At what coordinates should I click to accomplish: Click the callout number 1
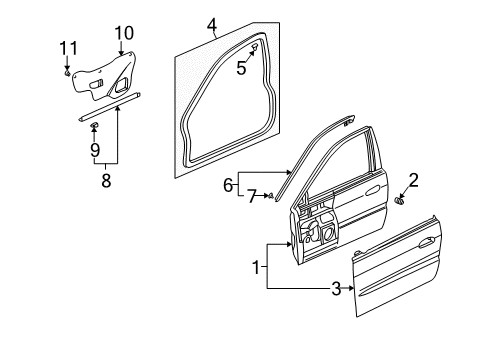pos(256,267)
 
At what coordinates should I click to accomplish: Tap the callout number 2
pos(413,180)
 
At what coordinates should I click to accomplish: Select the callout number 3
pos(336,289)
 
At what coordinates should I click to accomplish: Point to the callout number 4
pos(212,26)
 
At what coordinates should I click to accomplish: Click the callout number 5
pos(241,68)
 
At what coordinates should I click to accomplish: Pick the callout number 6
pos(228,185)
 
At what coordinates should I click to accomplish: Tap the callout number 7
pos(252,196)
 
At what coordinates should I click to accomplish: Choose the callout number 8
pos(106,180)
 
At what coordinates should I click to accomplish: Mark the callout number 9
pos(95,150)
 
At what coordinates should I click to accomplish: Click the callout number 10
pos(124,33)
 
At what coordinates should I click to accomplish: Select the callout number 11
pos(68,48)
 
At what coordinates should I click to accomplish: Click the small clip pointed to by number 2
pos(398,201)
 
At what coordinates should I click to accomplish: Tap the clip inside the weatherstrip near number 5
pos(255,47)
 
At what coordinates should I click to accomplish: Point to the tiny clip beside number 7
pos(271,196)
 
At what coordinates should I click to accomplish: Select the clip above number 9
pos(95,125)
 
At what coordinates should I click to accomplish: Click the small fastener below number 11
pos(67,72)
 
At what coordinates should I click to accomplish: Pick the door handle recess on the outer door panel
pos(426,243)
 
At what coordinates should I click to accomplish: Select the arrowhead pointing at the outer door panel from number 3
pos(351,288)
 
